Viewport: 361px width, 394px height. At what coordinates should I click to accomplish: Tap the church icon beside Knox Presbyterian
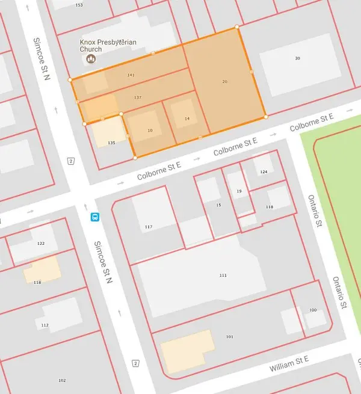(x=91, y=58)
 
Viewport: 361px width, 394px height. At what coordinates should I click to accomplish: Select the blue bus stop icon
(x=95, y=217)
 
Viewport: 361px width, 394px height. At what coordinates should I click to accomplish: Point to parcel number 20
(x=224, y=81)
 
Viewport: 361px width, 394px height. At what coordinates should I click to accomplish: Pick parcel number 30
(x=297, y=58)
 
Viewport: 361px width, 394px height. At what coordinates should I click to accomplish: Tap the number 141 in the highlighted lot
(x=131, y=75)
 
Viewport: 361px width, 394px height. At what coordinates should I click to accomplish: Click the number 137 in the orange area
(x=138, y=97)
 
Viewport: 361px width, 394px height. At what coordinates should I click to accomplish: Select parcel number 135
(x=111, y=143)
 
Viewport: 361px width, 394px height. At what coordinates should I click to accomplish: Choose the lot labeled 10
(x=150, y=131)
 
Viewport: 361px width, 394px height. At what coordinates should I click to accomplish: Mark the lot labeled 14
(x=187, y=119)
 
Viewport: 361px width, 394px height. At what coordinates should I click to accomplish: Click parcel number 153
(x=79, y=5)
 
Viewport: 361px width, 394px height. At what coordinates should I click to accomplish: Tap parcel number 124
(x=263, y=172)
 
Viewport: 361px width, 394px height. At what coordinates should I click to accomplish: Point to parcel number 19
(x=239, y=191)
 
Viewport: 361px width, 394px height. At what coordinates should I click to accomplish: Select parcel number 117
(x=148, y=227)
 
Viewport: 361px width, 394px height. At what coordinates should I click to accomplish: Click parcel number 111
(x=223, y=275)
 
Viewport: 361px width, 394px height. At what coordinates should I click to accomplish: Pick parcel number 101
(x=229, y=337)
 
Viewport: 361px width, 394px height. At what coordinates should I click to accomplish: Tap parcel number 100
(x=312, y=310)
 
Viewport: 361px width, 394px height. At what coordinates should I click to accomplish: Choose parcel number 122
(x=41, y=244)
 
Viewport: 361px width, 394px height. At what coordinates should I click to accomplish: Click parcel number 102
(x=61, y=380)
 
